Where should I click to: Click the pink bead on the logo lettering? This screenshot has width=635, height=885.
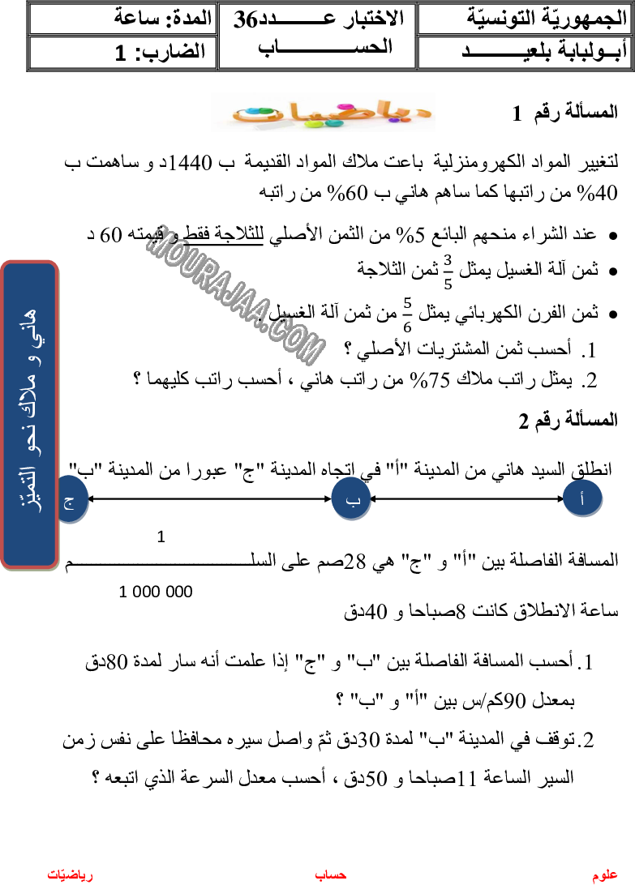(344, 105)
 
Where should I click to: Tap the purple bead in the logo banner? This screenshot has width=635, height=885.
(394, 119)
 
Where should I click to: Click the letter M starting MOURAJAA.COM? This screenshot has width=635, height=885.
(159, 241)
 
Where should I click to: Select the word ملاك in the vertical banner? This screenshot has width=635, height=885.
(30, 396)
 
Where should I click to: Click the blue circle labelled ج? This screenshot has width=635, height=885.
(71, 500)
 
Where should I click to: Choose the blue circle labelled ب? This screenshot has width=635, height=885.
(351, 499)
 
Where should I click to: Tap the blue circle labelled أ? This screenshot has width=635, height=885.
(583, 498)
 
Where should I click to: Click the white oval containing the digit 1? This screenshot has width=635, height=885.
(160, 534)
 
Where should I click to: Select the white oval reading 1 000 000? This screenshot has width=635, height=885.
(162, 589)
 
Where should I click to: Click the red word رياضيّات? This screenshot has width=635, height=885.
(70, 874)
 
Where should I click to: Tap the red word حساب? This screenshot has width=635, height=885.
(331, 874)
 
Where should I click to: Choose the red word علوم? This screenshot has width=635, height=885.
(605, 875)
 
